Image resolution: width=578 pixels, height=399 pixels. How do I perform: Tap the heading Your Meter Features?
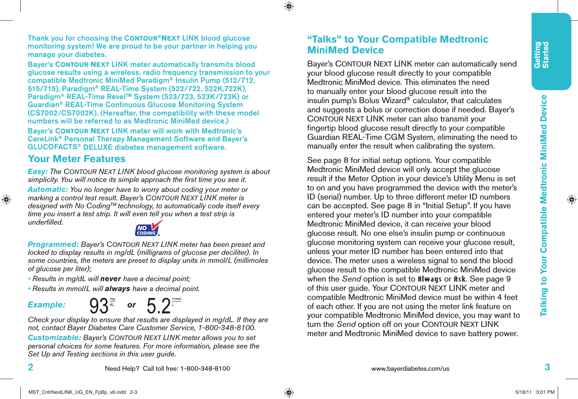[x=76, y=159]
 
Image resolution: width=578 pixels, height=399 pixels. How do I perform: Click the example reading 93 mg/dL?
[x=102, y=306]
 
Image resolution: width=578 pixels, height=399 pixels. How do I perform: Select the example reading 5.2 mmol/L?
[x=163, y=306]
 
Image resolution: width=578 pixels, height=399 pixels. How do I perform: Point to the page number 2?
[x=31, y=367]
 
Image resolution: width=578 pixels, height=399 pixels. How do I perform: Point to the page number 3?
[x=547, y=367]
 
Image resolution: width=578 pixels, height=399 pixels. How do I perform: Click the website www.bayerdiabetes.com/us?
[x=410, y=369]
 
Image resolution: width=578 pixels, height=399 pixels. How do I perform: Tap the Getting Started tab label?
[x=541, y=55]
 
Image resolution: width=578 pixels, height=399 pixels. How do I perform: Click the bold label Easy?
[x=38, y=172]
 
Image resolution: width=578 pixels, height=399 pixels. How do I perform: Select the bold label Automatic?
[x=48, y=190]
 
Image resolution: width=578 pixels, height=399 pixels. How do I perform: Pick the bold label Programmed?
[x=53, y=244]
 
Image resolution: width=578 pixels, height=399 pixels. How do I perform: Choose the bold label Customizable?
[x=54, y=338]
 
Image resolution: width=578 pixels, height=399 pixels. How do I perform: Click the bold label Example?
[x=47, y=305]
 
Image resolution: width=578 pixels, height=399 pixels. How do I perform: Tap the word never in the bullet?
[x=111, y=279]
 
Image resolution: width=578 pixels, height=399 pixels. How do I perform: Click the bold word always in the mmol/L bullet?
[x=117, y=289]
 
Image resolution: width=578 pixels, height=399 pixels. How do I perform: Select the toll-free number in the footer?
[x=205, y=369]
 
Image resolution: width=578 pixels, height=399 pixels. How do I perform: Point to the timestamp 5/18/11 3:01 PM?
[x=535, y=392]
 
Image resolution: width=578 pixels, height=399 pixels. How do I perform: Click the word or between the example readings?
[x=132, y=305]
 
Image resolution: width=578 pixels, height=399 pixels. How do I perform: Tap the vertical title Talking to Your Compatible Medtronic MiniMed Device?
[x=544, y=205]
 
